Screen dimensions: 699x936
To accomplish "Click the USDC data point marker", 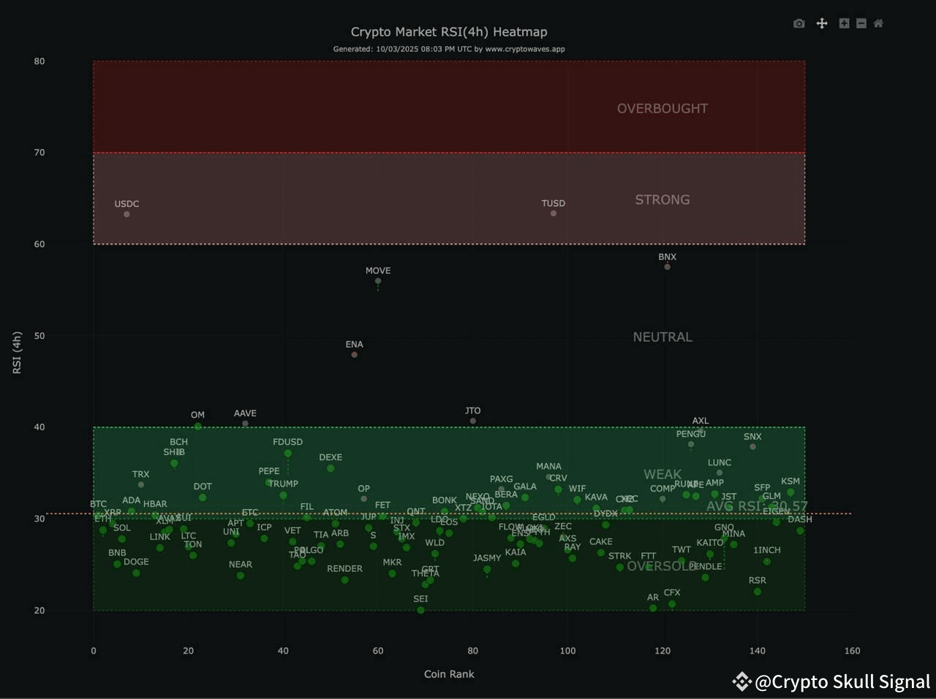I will coord(127,214).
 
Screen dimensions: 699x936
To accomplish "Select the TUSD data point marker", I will coord(554,213).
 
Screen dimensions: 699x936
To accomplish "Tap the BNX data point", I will coord(667,267).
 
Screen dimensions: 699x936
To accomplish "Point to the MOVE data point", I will coord(378,281).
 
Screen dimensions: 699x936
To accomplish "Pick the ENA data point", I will coord(355,355).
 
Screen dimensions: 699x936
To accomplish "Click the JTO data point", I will coord(473,421).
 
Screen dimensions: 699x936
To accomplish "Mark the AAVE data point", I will coord(245,424).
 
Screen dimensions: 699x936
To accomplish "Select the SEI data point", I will coord(420,610).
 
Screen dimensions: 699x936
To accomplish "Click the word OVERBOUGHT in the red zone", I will coord(662,108).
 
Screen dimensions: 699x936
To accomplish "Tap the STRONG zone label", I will coord(662,199).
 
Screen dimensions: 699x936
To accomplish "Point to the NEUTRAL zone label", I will coord(662,337).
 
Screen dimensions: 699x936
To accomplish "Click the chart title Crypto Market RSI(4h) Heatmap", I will coord(449,31).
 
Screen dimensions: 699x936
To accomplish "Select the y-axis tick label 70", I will coord(39,153).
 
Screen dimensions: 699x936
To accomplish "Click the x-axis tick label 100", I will coord(567,651).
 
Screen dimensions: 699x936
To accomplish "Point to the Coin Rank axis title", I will coord(449,674).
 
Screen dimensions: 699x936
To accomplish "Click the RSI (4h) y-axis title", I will coord(17,353).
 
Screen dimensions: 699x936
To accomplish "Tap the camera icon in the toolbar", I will coord(799,23).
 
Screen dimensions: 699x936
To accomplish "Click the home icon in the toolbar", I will coord(878,23).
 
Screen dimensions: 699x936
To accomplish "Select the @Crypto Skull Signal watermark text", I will coord(842,681).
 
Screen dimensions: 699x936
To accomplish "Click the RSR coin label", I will coord(758,581).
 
